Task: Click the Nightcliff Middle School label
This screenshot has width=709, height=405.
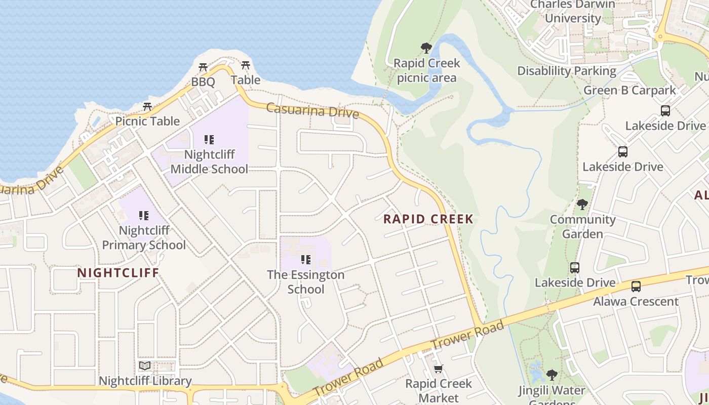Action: pyautogui.click(x=209, y=161)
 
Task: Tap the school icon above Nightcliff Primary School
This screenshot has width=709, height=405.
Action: pyautogui.click(x=144, y=216)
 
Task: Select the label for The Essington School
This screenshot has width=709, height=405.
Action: pyautogui.click(x=305, y=282)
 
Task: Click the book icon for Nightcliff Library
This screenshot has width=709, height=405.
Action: pyautogui.click(x=145, y=366)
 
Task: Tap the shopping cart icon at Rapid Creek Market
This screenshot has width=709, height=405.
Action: pyautogui.click(x=439, y=369)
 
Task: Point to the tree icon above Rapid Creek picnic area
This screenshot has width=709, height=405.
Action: pyautogui.click(x=426, y=48)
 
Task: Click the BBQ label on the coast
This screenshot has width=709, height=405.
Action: pyautogui.click(x=203, y=82)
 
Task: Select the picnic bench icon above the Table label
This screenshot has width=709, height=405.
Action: pyautogui.click(x=246, y=65)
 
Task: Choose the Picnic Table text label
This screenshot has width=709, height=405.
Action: pyautogui.click(x=147, y=121)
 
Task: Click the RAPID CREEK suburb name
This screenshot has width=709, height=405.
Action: pyautogui.click(x=428, y=219)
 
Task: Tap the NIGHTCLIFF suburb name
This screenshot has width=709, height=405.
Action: pyautogui.click(x=118, y=273)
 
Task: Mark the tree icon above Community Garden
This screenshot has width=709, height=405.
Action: pyautogui.click(x=582, y=205)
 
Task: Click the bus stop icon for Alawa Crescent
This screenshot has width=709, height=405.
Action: pyautogui.click(x=636, y=287)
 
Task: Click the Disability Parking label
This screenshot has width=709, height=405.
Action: pyautogui.click(x=567, y=71)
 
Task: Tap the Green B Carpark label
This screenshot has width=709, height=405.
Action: pyautogui.click(x=629, y=91)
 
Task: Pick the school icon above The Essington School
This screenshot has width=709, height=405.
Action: pyautogui.click(x=305, y=260)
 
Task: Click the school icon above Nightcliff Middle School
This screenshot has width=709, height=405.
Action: pyautogui.click(x=209, y=139)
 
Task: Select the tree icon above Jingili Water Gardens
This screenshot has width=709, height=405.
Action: pyautogui.click(x=552, y=375)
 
